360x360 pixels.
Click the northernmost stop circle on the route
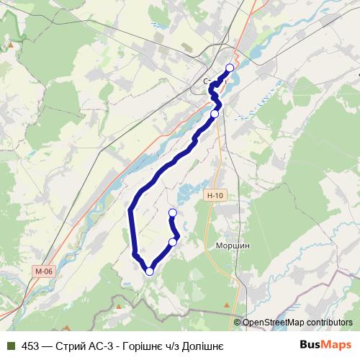tap(230, 68)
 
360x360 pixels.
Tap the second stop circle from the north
tap(215, 114)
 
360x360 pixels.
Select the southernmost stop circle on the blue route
tap(150, 271)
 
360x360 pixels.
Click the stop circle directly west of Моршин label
tap(173, 242)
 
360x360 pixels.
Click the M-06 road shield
tap(43, 271)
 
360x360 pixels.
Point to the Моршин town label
tap(233, 245)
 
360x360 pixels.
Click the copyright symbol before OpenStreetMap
tap(238, 322)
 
